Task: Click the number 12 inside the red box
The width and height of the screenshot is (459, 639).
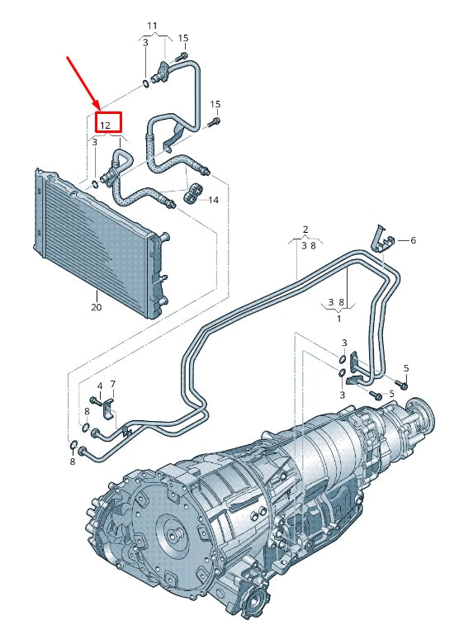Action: pyautogui.click(x=105, y=125)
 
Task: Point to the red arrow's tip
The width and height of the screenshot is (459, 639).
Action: pyautogui.click(x=100, y=109)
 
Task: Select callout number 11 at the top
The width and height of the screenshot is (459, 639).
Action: pyautogui.click(x=151, y=26)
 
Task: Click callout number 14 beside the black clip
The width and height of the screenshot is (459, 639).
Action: pyautogui.click(x=213, y=200)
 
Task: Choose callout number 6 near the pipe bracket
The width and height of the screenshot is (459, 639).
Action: pyautogui.click(x=413, y=240)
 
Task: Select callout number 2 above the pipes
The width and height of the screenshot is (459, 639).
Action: pyautogui.click(x=305, y=229)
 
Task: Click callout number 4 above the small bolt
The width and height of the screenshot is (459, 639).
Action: pyautogui.click(x=99, y=386)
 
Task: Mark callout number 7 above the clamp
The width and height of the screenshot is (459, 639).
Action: pyautogui.click(x=113, y=384)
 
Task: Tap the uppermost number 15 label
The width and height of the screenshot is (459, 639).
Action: pyautogui.click(x=183, y=38)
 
